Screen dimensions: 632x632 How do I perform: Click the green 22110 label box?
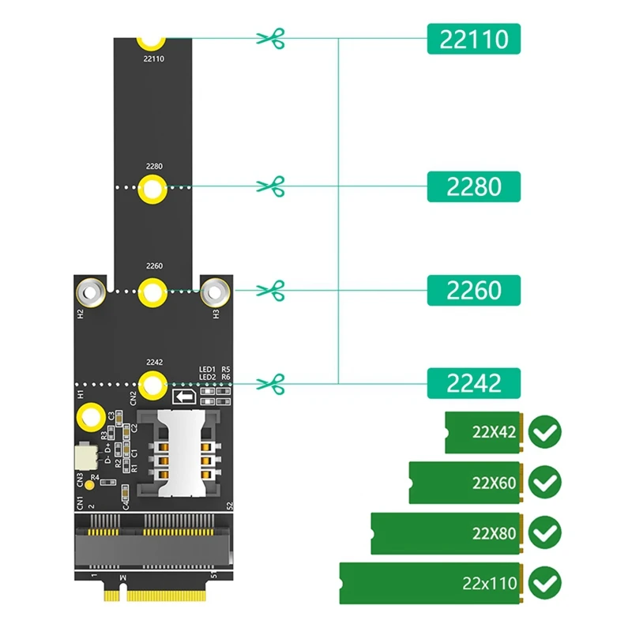474,38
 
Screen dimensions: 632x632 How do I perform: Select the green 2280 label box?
474,186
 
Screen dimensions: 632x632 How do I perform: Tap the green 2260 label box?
474,290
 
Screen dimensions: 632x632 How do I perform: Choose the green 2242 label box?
474,383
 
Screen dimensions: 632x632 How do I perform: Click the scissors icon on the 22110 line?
270,37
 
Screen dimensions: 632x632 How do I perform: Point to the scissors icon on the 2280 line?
270,186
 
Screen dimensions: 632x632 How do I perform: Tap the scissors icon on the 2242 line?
270,384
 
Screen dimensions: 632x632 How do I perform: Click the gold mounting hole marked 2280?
152,189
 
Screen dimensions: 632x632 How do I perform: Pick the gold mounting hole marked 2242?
152,385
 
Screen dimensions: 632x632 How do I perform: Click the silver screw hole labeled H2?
91,292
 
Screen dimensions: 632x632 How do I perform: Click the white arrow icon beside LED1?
183,397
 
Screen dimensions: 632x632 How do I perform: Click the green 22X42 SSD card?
483,432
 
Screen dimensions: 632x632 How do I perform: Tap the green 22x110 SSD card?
431,584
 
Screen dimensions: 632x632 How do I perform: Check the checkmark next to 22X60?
544,482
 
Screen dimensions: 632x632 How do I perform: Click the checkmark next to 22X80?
544,532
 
